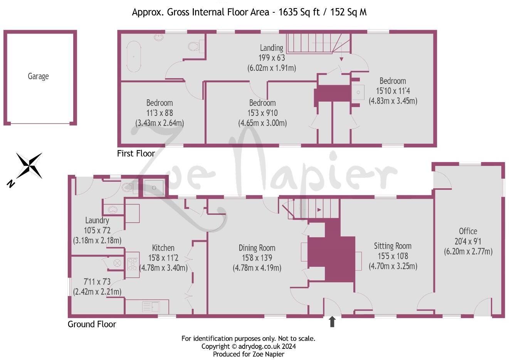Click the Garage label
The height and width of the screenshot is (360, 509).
click(x=38, y=76)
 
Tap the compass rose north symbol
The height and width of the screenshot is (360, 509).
click(x=29, y=166)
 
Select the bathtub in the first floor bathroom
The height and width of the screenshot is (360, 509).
click(x=135, y=56)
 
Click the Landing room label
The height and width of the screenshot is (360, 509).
click(x=271, y=48)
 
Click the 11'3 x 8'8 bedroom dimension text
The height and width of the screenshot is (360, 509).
click(x=159, y=113)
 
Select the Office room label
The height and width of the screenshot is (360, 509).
click(x=468, y=231)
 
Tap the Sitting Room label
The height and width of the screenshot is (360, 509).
click(x=393, y=246)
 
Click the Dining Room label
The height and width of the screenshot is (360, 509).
click(x=257, y=248)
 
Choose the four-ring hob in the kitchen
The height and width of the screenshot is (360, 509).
click(x=133, y=264)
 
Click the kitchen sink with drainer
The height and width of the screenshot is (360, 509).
click(x=151, y=306)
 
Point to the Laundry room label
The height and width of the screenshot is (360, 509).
click(x=97, y=220)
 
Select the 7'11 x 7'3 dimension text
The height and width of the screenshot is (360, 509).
click(x=97, y=282)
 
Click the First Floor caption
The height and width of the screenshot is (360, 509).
click(x=136, y=154)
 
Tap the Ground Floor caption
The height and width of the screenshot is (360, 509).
click(x=92, y=324)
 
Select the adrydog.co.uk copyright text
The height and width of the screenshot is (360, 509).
click(x=249, y=346)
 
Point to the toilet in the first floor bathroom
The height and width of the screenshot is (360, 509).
click(x=195, y=46)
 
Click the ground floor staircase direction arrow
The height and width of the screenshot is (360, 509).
click(x=319, y=210)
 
